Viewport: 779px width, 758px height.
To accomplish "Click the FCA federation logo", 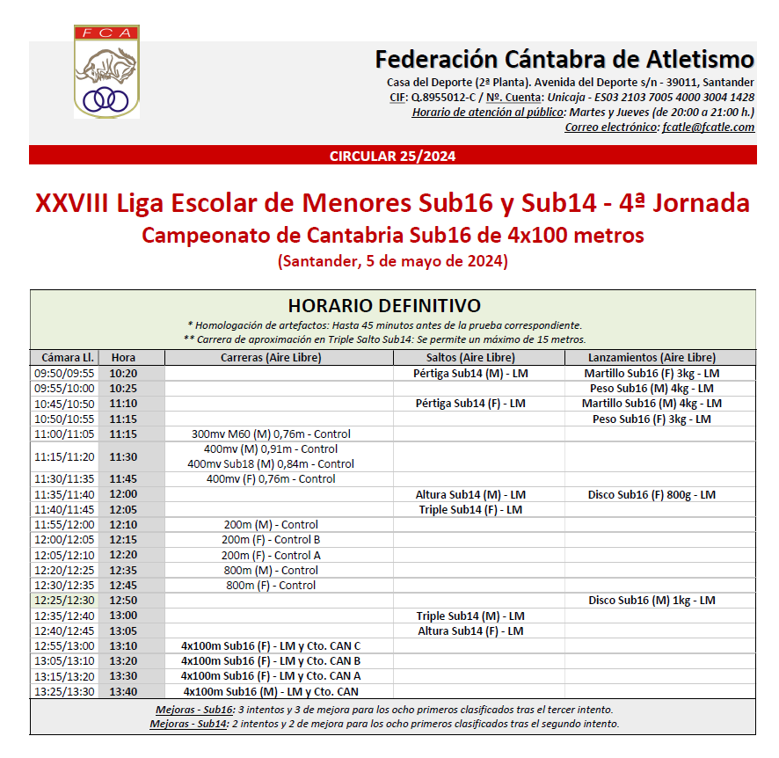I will coord(106,72).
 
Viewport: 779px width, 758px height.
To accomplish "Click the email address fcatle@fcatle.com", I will coord(707,128).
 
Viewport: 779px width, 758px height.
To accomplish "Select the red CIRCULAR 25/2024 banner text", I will coord(392,157).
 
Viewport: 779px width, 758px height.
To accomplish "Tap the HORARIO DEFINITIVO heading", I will coord(384,305).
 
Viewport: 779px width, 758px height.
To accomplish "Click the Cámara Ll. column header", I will coord(64,358).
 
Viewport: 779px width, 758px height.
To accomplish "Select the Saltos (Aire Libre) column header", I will coord(470,358).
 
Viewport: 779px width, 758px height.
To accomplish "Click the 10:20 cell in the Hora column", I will coord(123,374).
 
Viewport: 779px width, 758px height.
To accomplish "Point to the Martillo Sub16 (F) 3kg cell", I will coord(652,374).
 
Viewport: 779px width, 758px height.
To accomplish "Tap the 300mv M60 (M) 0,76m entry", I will coord(271,434).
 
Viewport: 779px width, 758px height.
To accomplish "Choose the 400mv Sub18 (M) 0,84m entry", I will coord(271,463).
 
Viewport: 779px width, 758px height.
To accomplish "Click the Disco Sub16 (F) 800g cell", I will coord(652,495).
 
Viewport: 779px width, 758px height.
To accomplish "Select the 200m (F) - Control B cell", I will coord(271,540).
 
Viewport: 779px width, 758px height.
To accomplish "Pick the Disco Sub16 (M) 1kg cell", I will coord(652,601).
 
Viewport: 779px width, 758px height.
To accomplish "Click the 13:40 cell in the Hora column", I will coord(123,692).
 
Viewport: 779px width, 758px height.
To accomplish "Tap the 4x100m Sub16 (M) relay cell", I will coord(271,692).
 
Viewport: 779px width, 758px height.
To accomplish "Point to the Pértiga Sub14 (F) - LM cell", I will coord(470,404).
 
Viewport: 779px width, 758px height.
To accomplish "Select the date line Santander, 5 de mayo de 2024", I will coord(392,261).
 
